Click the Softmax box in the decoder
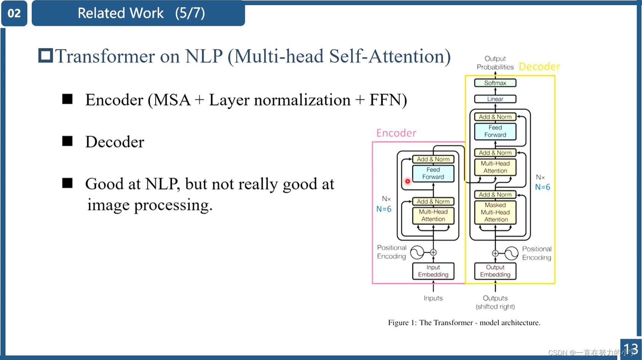pos(495,83)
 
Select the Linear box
pos(495,99)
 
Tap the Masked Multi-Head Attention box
pos(495,212)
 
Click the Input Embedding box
pos(433,271)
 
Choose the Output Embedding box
pos(495,271)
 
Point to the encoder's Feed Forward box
pos(433,173)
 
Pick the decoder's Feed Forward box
pos(495,131)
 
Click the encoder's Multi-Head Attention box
pos(433,215)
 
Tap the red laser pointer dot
pos(407,181)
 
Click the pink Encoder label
pos(396,133)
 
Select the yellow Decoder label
pos(539,67)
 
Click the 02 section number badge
pos(14,13)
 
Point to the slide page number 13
pos(631,349)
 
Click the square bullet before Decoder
pos(67,141)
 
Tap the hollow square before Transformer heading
pos(45,56)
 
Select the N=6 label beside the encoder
pos(383,209)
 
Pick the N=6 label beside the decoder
pos(542,187)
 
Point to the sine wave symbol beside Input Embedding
pos(417,252)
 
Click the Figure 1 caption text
pos(464,323)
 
